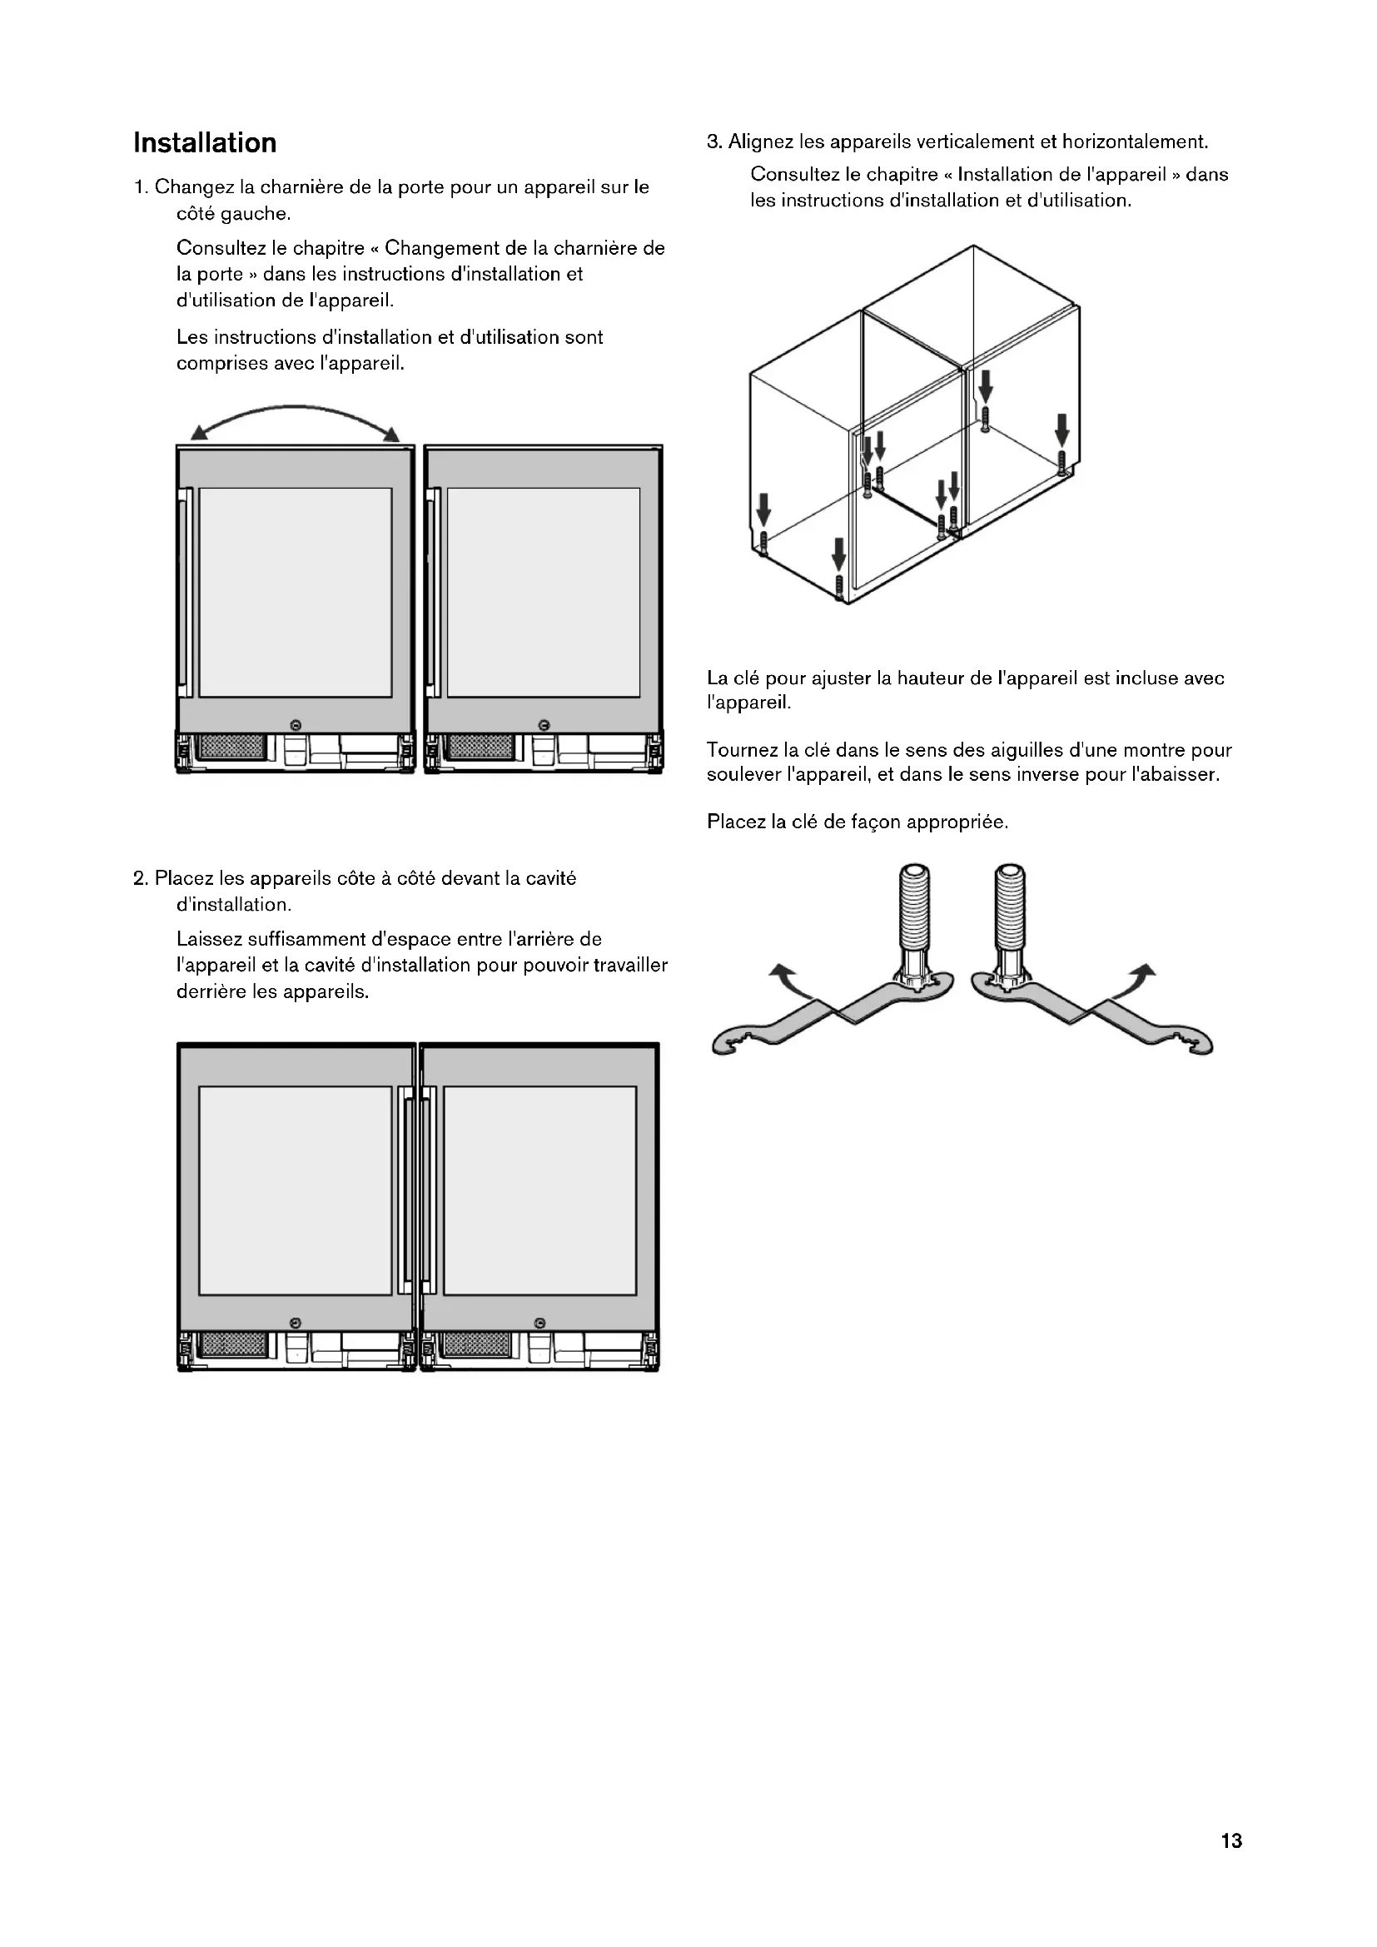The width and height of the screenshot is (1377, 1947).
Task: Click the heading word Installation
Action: click(204, 143)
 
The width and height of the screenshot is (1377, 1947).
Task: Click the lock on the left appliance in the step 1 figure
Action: click(295, 724)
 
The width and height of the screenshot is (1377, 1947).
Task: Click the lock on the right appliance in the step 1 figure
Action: click(544, 724)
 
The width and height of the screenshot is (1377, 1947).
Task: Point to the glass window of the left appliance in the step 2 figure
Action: click(295, 1190)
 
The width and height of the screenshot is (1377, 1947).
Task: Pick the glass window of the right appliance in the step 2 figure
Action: click(539, 1190)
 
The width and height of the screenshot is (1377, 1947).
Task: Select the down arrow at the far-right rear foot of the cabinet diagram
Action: click(1061, 429)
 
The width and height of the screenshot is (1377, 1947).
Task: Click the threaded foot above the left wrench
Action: click(917, 907)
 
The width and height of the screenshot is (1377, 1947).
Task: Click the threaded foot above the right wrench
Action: click(1011, 907)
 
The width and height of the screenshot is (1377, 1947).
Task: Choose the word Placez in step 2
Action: click(184, 878)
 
